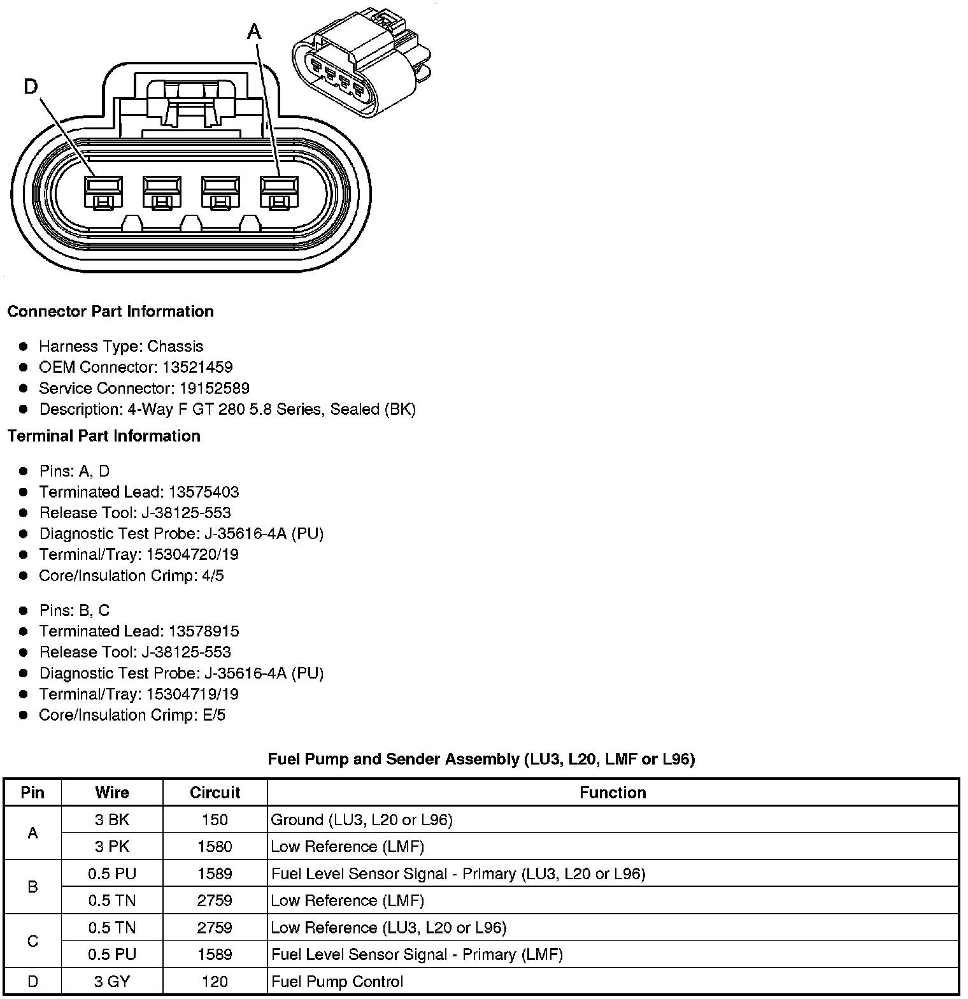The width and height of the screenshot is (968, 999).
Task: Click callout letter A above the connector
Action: point(254,31)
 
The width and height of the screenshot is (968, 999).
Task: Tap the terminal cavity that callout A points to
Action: point(279,192)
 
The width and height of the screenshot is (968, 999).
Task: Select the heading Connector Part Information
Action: point(110,312)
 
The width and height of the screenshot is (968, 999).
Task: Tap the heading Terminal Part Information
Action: point(104,436)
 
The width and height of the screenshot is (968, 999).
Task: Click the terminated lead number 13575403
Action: point(204,492)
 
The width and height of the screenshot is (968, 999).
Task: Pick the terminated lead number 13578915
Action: point(204,631)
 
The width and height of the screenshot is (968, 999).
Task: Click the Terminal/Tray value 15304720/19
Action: point(192,554)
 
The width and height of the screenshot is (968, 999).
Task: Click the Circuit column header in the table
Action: point(215,793)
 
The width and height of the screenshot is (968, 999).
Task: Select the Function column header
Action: point(613,793)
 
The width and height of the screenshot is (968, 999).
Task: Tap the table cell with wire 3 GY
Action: point(112,982)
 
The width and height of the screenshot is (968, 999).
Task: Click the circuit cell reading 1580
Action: point(215,847)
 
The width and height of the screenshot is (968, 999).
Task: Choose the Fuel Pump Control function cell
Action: point(338,982)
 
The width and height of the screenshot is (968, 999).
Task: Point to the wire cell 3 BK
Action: point(112,820)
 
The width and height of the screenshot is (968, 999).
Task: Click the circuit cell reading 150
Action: point(215,820)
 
